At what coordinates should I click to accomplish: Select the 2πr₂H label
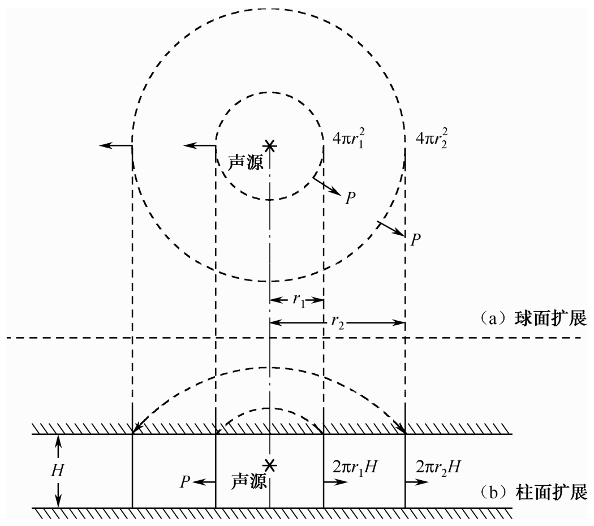point(440,467)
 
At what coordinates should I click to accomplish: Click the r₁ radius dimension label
point(298,301)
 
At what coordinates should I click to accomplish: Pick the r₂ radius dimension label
point(338,323)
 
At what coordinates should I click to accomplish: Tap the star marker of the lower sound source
point(270,465)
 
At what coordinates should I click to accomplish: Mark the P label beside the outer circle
point(416,240)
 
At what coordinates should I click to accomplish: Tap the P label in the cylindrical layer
point(185,482)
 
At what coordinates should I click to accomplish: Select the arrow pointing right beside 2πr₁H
point(337,482)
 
